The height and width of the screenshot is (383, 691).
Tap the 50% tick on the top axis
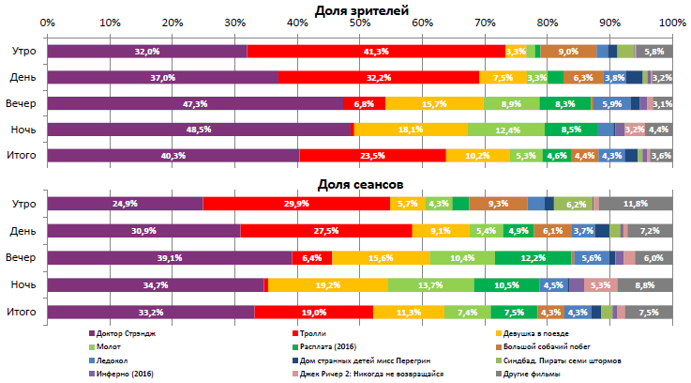tap(360, 22)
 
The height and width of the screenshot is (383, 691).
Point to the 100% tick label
tap(671, 22)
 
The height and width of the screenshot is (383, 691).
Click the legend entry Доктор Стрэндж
tap(123, 333)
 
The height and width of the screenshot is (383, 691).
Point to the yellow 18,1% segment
tap(410, 129)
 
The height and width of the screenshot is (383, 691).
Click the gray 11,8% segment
tap(636, 204)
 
